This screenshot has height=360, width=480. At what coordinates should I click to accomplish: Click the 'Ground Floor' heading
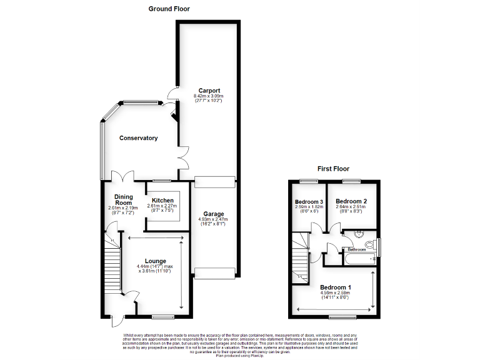click(x=169, y=9)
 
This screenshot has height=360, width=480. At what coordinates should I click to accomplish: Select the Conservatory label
click(x=138, y=138)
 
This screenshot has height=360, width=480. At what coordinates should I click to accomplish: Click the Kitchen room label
click(x=162, y=201)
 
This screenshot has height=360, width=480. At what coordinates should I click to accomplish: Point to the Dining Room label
click(x=123, y=199)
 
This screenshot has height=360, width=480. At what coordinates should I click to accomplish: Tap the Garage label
click(x=213, y=214)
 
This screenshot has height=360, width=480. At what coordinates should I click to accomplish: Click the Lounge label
click(x=155, y=261)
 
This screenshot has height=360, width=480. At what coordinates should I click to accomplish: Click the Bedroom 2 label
click(x=351, y=201)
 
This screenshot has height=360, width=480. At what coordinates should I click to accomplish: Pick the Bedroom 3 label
click(x=309, y=202)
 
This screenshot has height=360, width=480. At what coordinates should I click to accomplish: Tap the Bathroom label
click(x=357, y=249)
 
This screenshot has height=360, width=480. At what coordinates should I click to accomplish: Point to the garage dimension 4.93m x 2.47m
click(x=213, y=219)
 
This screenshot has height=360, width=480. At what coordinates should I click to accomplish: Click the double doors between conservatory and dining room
click(x=122, y=176)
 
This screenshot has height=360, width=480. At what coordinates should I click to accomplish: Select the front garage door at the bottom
click(x=216, y=272)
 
